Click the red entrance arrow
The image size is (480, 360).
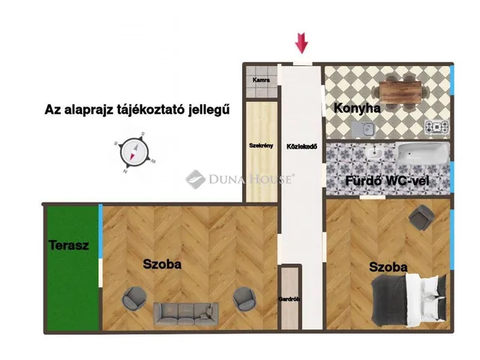[x=301, y=43]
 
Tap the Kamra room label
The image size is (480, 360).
[x=261, y=80]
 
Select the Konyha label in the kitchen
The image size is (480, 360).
[x=357, y=108]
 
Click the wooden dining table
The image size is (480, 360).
[x=400, y=92]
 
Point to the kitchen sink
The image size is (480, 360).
[x=363, y=129]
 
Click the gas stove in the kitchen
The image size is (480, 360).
[x=436, y=127]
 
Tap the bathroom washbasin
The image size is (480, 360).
[x=373, y=152]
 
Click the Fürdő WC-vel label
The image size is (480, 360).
[x=387, y=181]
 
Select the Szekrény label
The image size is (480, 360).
[x=261, y=145]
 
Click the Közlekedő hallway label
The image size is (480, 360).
[x=301, y=147]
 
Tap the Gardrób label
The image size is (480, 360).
[x=289, y=299]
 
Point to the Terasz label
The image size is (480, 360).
[x=69, y=245]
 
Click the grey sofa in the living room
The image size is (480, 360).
[x=186, y=313]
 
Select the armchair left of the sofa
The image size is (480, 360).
[x=134, y=298]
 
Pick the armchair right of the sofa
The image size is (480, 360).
[x=244, y=298]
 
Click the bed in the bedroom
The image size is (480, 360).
[x=409, y=300]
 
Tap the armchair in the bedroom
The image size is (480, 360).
[x=421, y=217]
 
